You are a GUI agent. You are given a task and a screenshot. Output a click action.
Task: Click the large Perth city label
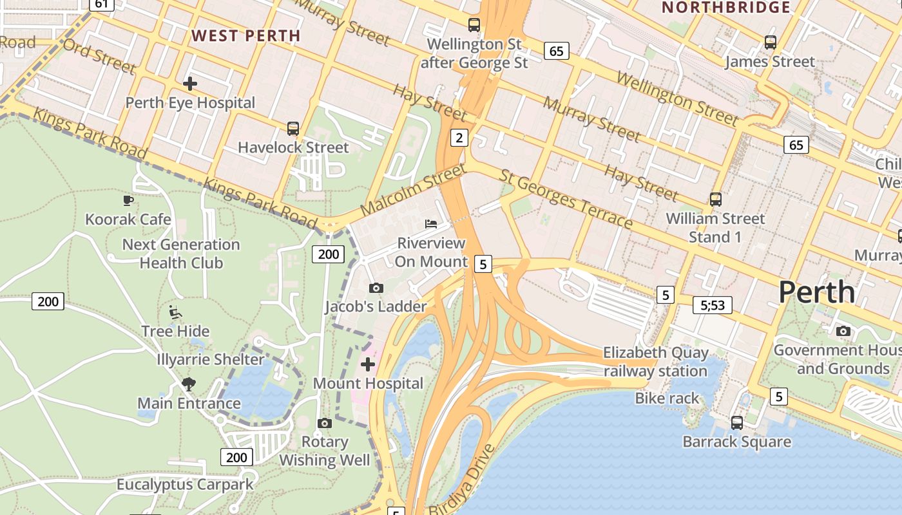tap(816, 292)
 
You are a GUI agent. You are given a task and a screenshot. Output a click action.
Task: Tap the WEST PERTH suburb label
tap(246, 35)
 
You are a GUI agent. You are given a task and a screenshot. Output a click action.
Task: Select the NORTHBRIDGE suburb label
tap(726, 8)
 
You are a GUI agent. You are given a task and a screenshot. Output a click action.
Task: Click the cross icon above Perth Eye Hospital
tap(190, 84)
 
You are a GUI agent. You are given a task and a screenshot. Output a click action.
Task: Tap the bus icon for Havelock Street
tap(293, 129)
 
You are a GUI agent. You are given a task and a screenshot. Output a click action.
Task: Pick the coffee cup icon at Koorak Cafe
tap(128, 200)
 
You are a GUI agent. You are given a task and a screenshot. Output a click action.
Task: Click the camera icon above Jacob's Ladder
tap(376, 288)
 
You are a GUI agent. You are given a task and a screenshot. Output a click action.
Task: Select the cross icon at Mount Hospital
tap(368, 365)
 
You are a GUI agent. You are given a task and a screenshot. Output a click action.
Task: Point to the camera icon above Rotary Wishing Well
tap(325, 423)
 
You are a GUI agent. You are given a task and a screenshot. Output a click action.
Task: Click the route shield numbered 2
tap(459, 137)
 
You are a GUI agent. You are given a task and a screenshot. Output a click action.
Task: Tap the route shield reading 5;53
tap(713, 304)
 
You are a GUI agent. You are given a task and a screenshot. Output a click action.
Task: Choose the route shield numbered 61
tap(101, 4)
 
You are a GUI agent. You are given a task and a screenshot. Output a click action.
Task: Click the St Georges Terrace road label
tap(566, 199)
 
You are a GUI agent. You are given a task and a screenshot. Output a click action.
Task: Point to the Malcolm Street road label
tap(412, 190)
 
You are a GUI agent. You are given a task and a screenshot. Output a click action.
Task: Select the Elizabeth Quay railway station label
tap(655, 362)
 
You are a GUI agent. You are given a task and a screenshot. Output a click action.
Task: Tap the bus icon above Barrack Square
tap(737, 423)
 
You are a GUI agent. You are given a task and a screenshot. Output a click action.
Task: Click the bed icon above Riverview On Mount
tap(431, 224)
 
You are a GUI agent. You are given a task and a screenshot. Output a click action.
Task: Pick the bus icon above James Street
tap(771, 42)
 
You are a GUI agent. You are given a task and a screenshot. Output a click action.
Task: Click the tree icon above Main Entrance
tap(189, 384)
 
